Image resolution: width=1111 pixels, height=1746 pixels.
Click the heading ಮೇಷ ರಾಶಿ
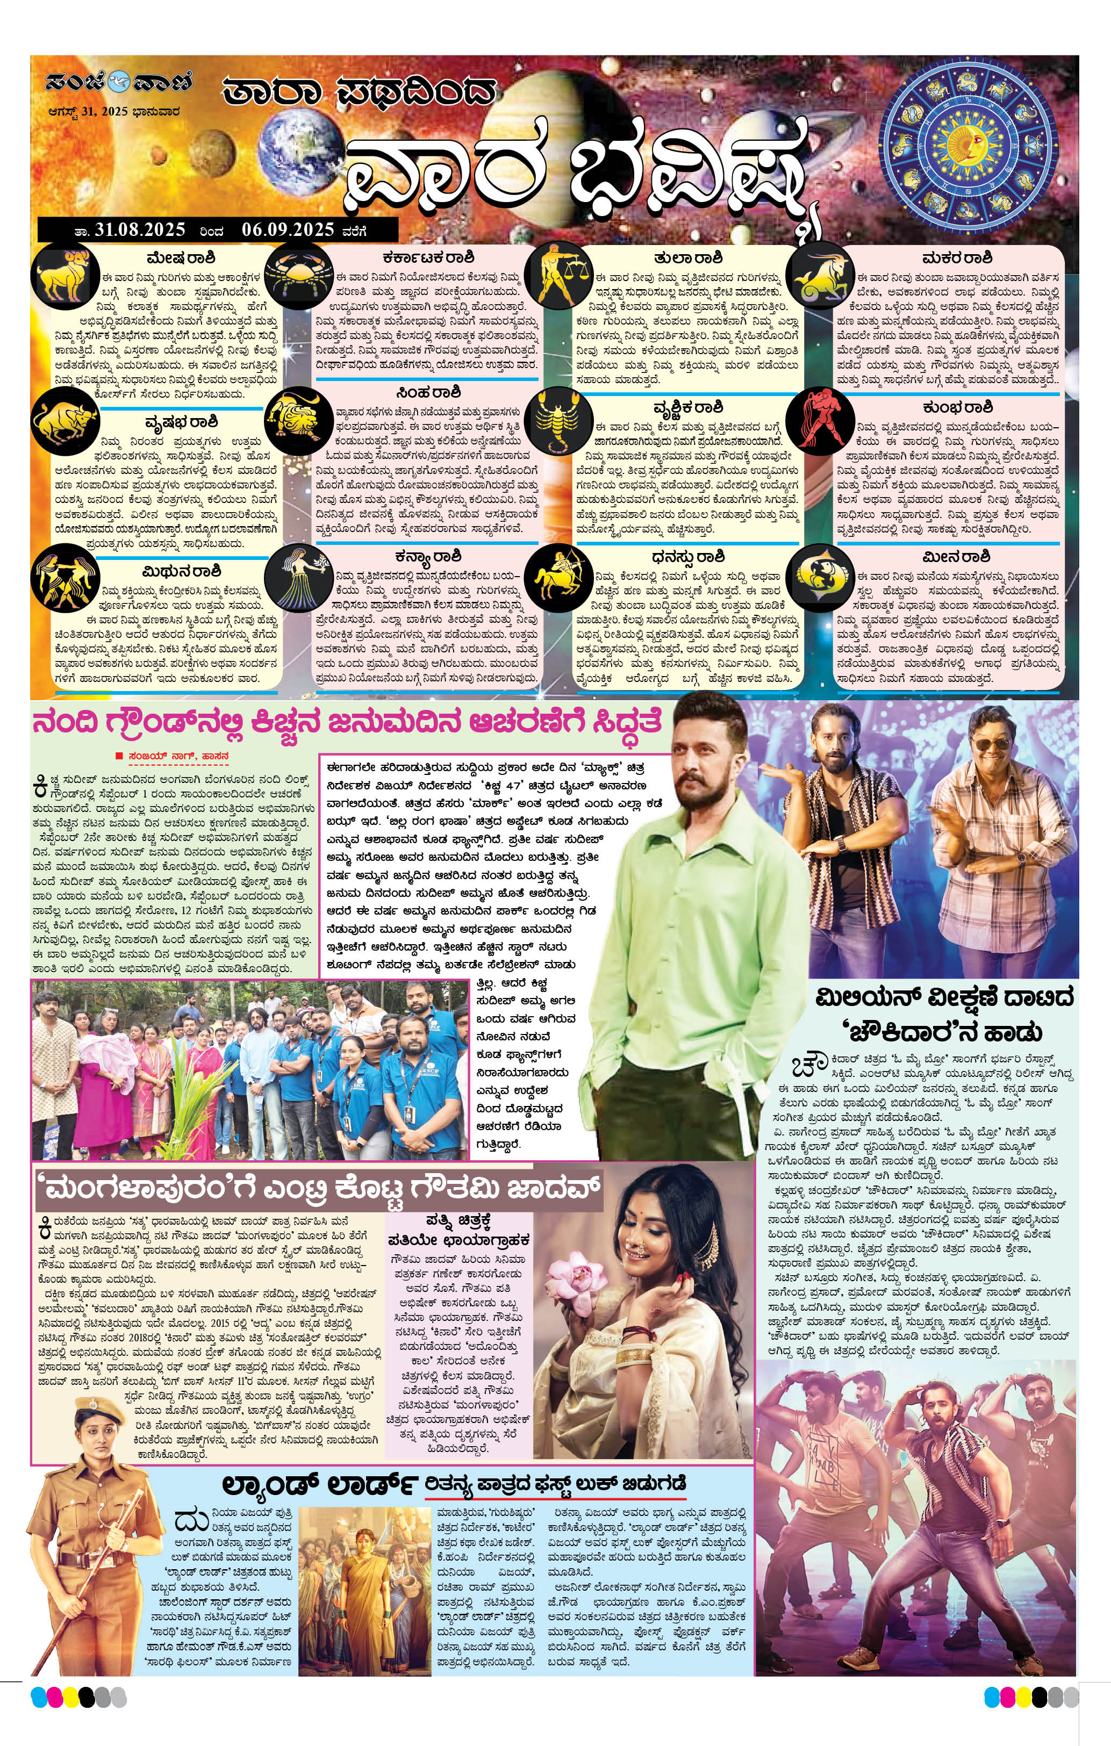point(181,258)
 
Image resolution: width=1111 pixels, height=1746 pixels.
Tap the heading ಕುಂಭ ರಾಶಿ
point(957,407)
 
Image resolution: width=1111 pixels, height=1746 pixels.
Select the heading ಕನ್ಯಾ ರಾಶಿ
point(428,557)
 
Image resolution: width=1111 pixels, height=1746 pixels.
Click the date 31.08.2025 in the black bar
point(140,230)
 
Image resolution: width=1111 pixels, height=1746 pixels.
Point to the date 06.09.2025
point(288,230)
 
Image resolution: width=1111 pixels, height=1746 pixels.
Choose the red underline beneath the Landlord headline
point(555,1497)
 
